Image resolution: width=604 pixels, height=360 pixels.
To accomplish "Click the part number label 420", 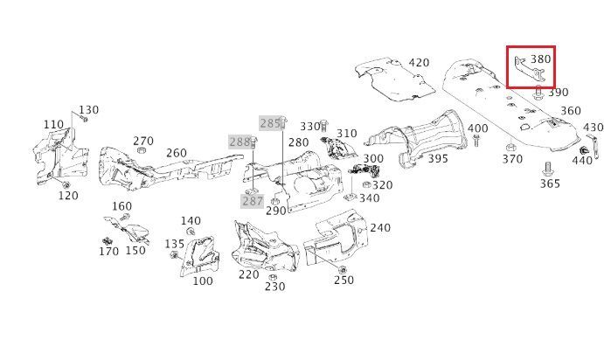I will coord(419,63).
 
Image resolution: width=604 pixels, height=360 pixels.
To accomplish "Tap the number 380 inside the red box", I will coord(540,59).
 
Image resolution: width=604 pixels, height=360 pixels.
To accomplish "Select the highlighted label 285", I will coord(270,123).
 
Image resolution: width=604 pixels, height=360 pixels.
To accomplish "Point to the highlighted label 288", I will coord(239,142).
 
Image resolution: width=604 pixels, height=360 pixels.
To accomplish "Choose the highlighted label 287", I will coord(252,201).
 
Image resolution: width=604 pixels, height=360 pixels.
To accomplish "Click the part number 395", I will coord(438,158).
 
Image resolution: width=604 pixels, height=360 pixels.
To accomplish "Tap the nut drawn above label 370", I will coord(512,145).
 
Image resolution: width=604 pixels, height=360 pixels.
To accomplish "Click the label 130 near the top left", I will coord(89,110).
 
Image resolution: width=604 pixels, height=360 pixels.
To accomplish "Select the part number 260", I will coord(177,154).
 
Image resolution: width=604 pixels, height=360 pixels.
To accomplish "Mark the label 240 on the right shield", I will coord(380,228).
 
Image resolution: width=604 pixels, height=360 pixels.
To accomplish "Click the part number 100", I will coord(202,281).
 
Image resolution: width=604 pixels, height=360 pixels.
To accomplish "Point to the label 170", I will coord(108,252).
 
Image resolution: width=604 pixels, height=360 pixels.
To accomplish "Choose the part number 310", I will coord(347,134).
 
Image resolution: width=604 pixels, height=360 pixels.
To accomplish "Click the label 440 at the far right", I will coord(583,160).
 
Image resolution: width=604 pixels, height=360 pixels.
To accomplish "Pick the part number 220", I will coord(248,274).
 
